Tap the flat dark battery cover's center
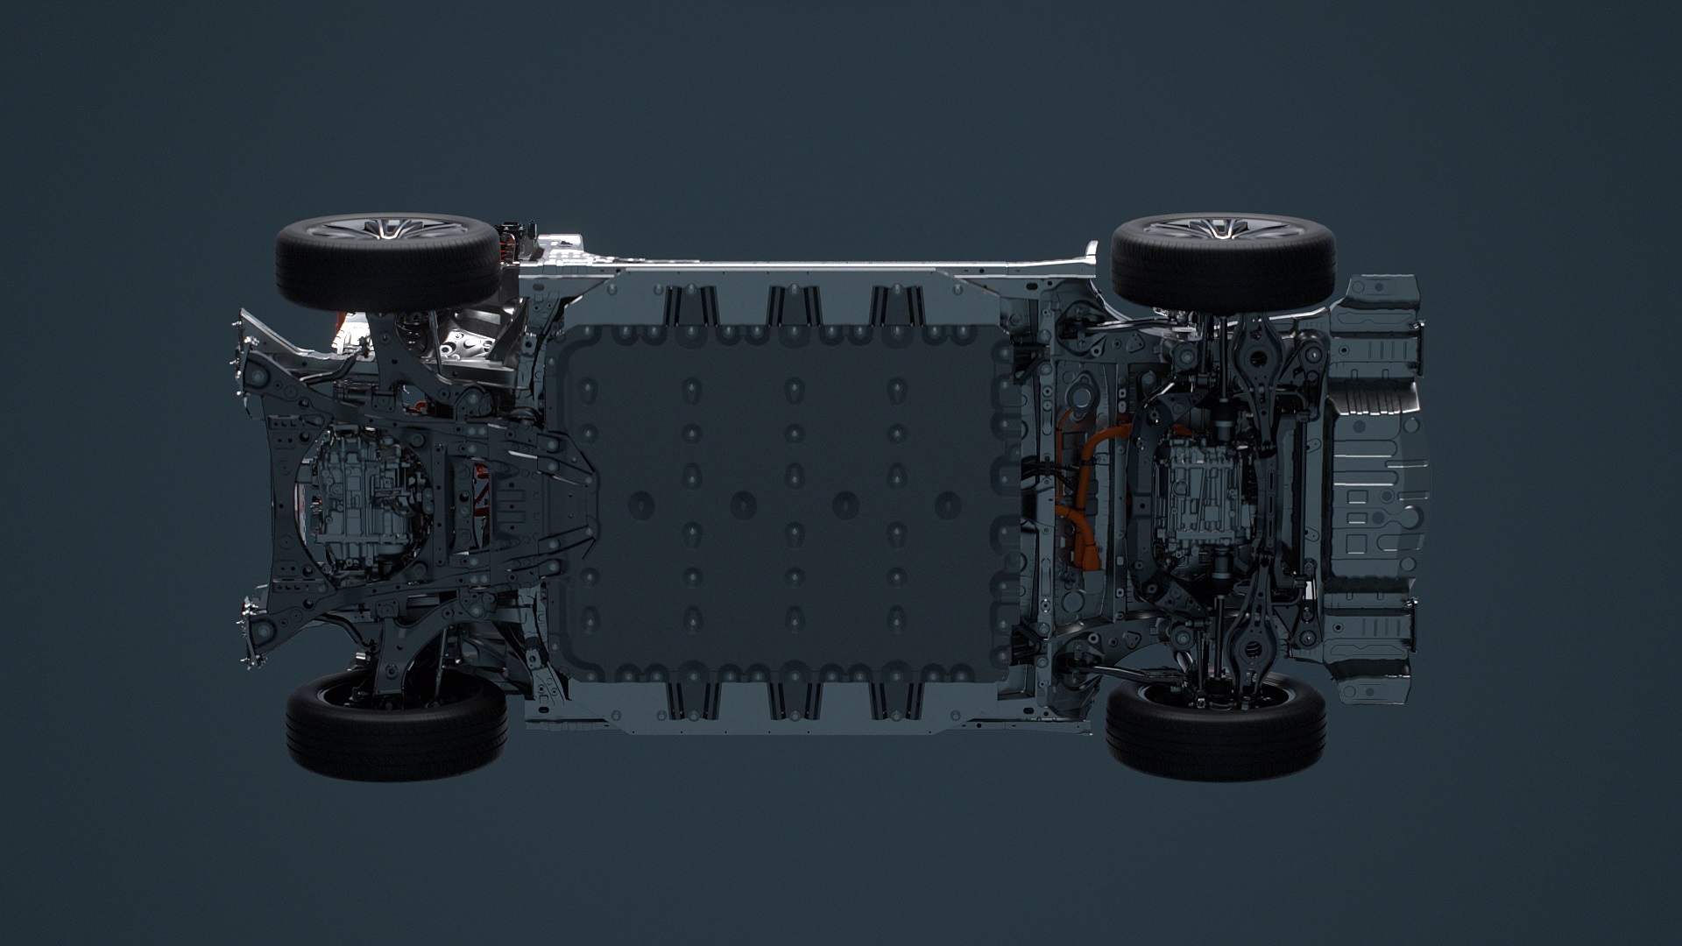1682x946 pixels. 788,504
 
